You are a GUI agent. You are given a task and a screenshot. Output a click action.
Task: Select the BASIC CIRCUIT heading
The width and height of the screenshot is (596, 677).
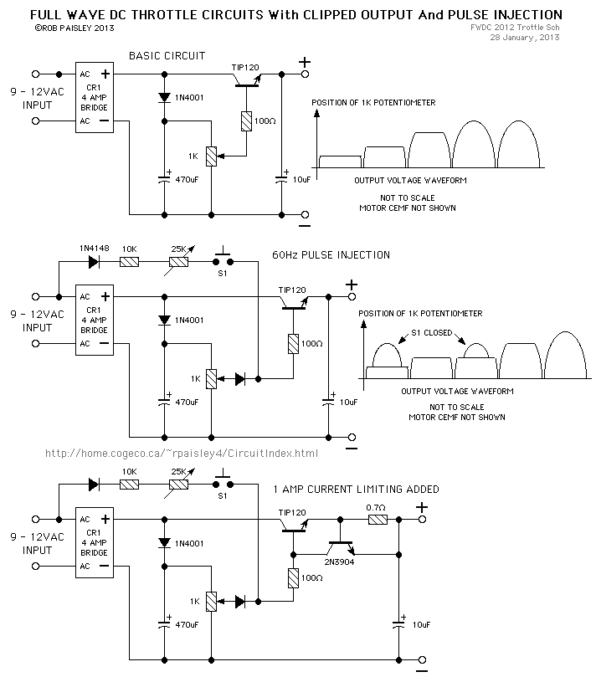pyautogui.click(x=167, y=55)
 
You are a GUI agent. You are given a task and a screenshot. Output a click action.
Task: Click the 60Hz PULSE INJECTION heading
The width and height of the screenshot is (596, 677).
pyautogui.click(x=331, y=254)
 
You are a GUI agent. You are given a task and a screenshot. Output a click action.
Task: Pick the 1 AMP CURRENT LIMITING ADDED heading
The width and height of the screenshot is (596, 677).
pyautogui.click(x=355, y=489)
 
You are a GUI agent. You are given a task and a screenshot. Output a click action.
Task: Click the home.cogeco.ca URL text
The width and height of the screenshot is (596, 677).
pyautogui.click(x=182, y=453)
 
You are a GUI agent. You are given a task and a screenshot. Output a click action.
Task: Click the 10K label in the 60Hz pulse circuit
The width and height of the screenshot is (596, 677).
pyautogui.click(x=130, y=249)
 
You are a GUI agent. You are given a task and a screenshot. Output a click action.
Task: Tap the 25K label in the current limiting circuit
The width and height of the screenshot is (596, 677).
pyautogui.click(x=177, y=472)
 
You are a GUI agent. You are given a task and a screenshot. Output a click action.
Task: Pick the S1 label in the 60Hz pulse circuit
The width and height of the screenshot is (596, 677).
pyautogui.click(x=222, y=274)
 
